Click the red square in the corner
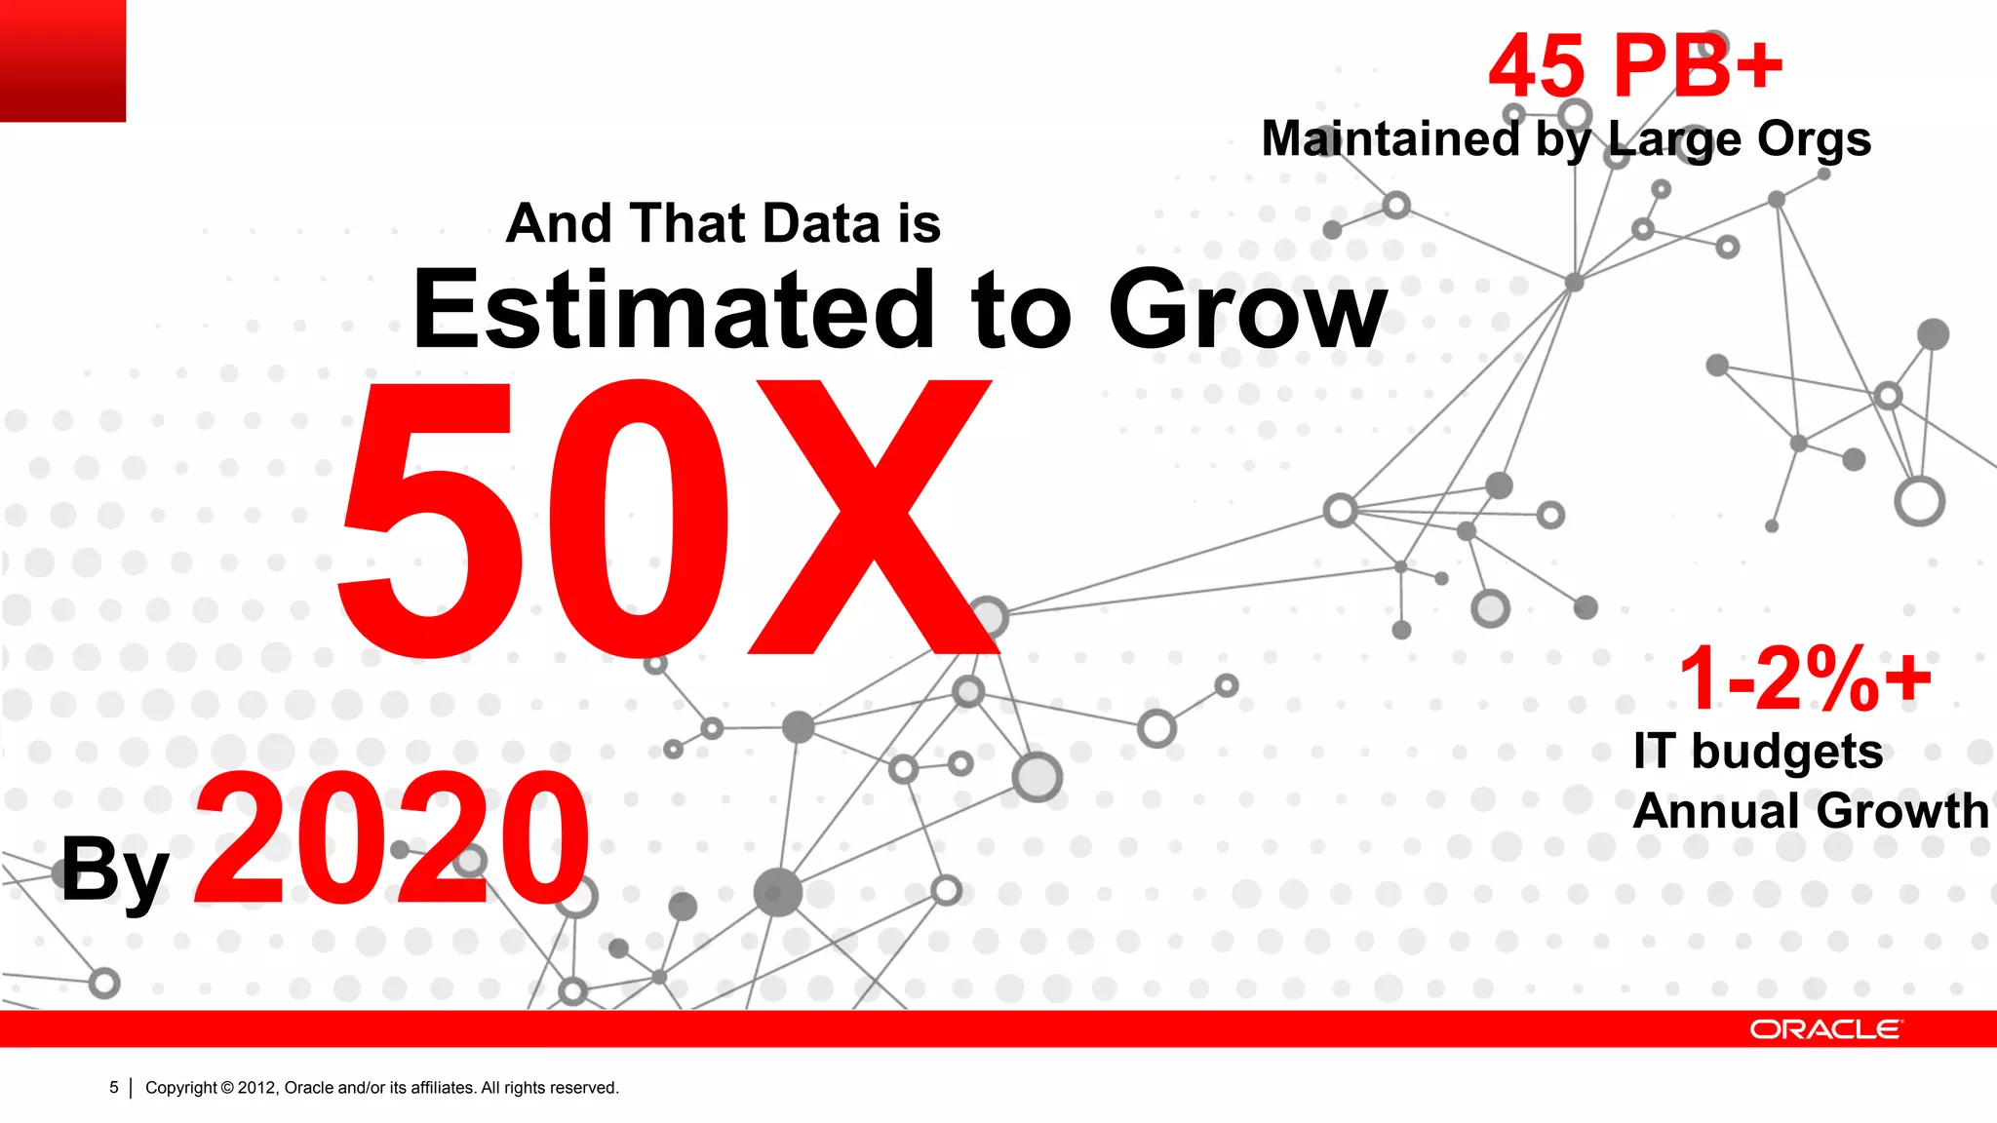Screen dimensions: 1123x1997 [x=62, y=60]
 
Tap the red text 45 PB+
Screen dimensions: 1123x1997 [x=1635, y=66]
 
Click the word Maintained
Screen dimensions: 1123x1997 [x=1390, y=138]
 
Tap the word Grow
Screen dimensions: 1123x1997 [x=1247, y=309]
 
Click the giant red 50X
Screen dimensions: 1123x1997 [x=663, y=517]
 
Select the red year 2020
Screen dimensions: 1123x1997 [x=392, y=838]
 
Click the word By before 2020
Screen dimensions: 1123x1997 [x=115, y=870]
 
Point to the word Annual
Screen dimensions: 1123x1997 [x=1717, y=811]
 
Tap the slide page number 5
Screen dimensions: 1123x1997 [x=114, y=1087]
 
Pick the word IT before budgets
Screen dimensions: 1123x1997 [x=1655, y=752]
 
